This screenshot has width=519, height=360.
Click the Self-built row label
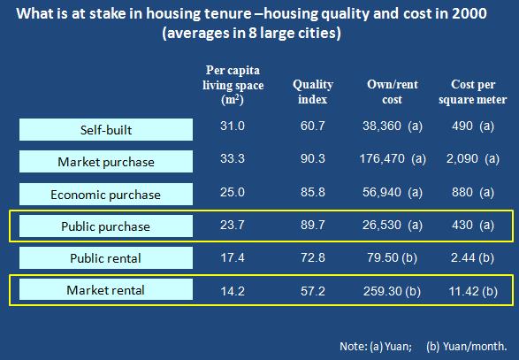(106, 130)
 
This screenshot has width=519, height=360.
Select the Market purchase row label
(106, 162)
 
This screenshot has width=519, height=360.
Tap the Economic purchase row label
(105, 195)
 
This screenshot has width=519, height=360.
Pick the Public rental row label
(105, 258)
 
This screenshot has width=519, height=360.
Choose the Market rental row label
(105, 290)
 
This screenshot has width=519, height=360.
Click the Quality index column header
(313, 92)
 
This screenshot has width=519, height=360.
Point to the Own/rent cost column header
(393, 92)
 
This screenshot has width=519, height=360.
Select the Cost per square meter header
(473, 92)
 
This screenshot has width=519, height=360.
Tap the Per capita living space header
(233, 85)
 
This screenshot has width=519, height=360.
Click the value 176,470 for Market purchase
(382, 158)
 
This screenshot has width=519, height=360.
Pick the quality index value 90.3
(313, 158)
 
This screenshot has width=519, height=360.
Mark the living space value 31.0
(233, 126)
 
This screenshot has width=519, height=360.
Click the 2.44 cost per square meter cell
(465, 257)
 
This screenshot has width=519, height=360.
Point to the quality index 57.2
(313, 291)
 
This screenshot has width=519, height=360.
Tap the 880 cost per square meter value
(462, 192)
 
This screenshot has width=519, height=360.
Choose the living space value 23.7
(233, 225)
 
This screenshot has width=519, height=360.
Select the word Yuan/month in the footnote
(475, 347)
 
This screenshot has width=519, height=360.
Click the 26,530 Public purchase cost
(382, 225)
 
